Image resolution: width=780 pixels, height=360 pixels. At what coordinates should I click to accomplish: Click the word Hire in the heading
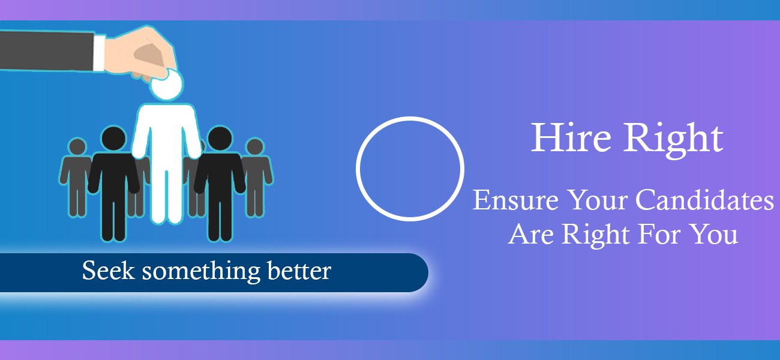click(x=571, y=137)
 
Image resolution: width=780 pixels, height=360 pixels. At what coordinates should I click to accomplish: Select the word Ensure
click(x=515, y=200)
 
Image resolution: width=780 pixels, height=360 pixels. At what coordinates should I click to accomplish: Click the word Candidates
click(x=705, y=200)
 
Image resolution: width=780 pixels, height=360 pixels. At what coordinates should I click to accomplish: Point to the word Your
click(x=597, y=200)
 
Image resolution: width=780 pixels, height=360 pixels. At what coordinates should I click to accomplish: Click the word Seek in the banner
click(x=108, y=270)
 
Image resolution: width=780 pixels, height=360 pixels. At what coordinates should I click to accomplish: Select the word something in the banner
click(x=201, y=272)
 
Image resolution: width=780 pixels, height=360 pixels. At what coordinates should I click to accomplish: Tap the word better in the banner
click(x=299, y=270)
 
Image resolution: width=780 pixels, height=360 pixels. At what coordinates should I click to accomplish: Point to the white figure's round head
click(x=166, y=83)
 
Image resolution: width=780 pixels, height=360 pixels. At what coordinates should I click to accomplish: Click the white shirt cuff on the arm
click(x=99, y=52)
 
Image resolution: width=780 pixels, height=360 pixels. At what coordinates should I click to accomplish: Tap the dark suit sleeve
click(x=47, y=51)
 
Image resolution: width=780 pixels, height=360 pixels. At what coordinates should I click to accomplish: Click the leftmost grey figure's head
click(x=77, y=146)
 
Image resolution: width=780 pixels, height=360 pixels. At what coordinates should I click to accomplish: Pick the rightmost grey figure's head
click(x=255, y=146)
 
